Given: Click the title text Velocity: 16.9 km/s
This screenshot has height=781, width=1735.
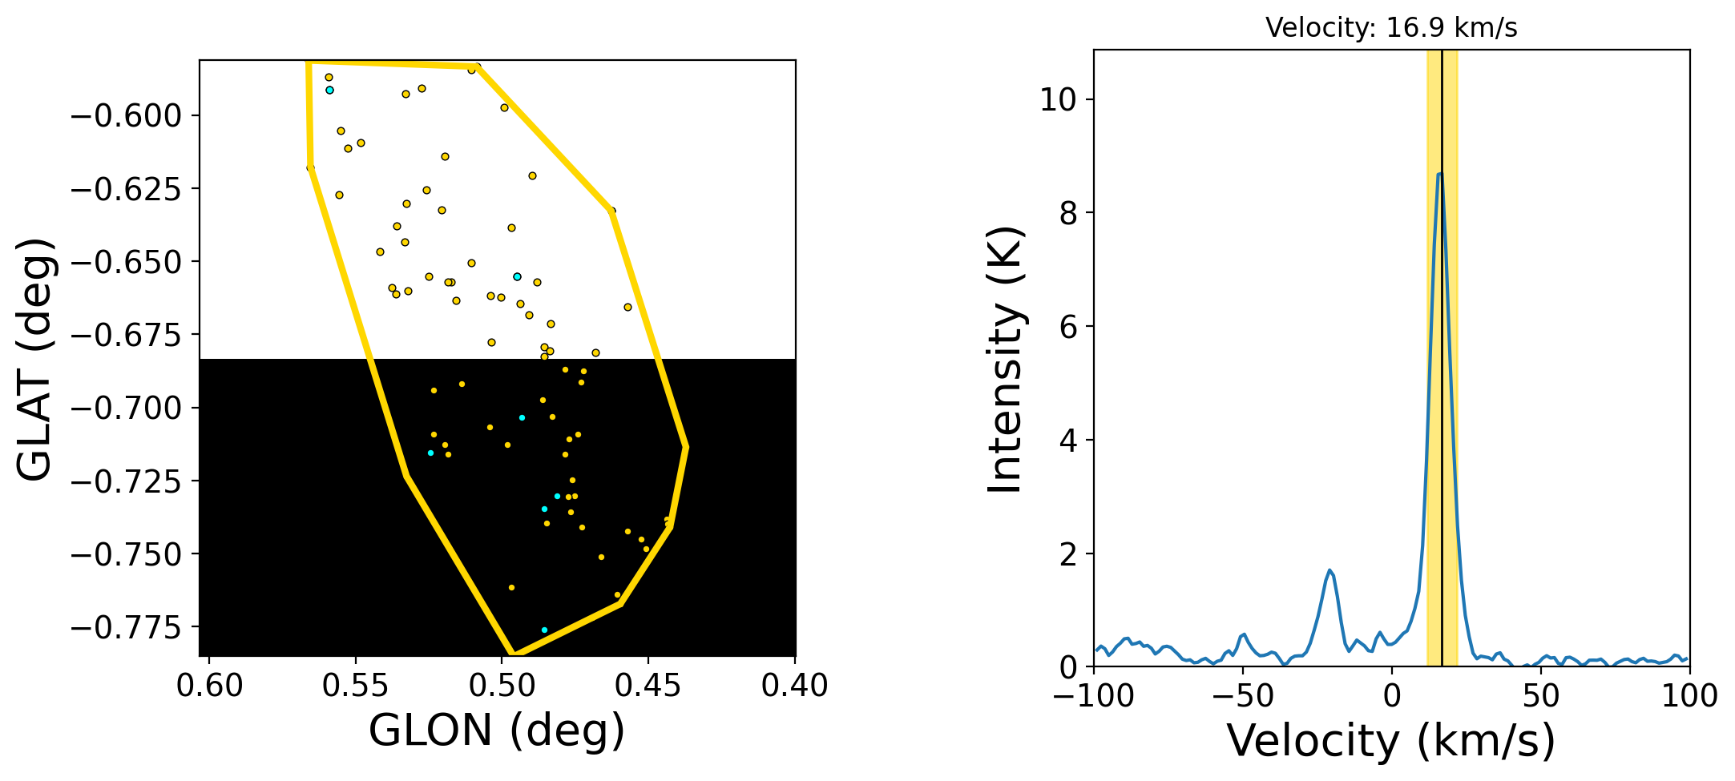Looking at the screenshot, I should pyautogui.click(x=1391, y=28).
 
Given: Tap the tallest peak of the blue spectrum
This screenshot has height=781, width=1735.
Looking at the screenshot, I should pyautogui.click(x=1440, y=174).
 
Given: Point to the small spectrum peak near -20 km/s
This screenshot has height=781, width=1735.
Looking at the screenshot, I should pyautogui.click(x=1329, y=570).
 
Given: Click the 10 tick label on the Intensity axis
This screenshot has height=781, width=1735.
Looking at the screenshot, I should pyautogui.click(x=1057, y=100).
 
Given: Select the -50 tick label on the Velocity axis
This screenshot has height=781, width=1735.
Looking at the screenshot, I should pyautogui.click(x=1243, y=696).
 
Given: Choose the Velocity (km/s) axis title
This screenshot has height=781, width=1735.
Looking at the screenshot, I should pyautogui.click(x=1391, y=740).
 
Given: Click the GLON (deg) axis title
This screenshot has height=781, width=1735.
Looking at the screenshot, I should pyautogui.click(x=497, y=731).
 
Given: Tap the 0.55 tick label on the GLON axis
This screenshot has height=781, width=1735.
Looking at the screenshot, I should pyautogui.click(x=355, y=686).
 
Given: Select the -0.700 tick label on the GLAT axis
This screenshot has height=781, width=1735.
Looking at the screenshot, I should pyautogui.click(x=127, y=408).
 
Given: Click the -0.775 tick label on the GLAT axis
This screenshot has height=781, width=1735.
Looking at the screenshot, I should pyautogui.click(x=127, y=627).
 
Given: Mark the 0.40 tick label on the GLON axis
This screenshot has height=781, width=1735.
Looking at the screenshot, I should pyautogui.click(x=795, y=686).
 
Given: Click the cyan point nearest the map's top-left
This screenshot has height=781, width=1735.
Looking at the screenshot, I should pyautogui.click(x=329, y=91).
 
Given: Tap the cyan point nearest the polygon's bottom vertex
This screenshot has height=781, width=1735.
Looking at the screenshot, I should pyautogui.click(x=544, y=630).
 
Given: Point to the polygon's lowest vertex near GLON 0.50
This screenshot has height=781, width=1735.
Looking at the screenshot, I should pyautogui.click(x=513, y=654).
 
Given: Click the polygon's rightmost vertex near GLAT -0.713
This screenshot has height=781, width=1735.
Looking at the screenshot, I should pyautogui.click(x=687, y=447).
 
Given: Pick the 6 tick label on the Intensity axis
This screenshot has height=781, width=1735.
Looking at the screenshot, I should pyautogui.click(x=1066, y=327).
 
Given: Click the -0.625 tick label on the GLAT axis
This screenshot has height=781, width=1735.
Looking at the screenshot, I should pyautogui.click(x=127, y=189).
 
